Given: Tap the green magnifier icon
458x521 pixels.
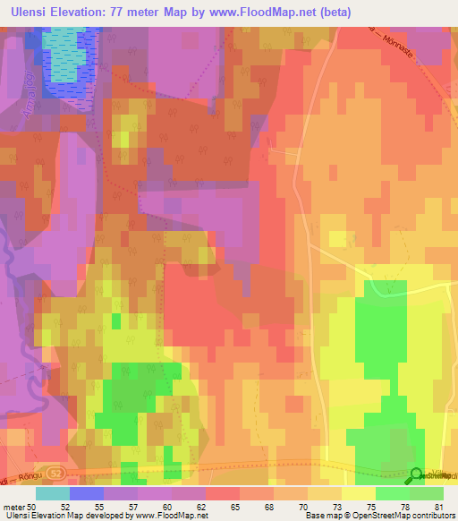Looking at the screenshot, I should [417, 475].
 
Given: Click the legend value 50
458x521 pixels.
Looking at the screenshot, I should [34, 506].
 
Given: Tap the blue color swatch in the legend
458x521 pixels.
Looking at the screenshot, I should [86, 493].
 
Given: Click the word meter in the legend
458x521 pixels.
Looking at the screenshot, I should [14, 506].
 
